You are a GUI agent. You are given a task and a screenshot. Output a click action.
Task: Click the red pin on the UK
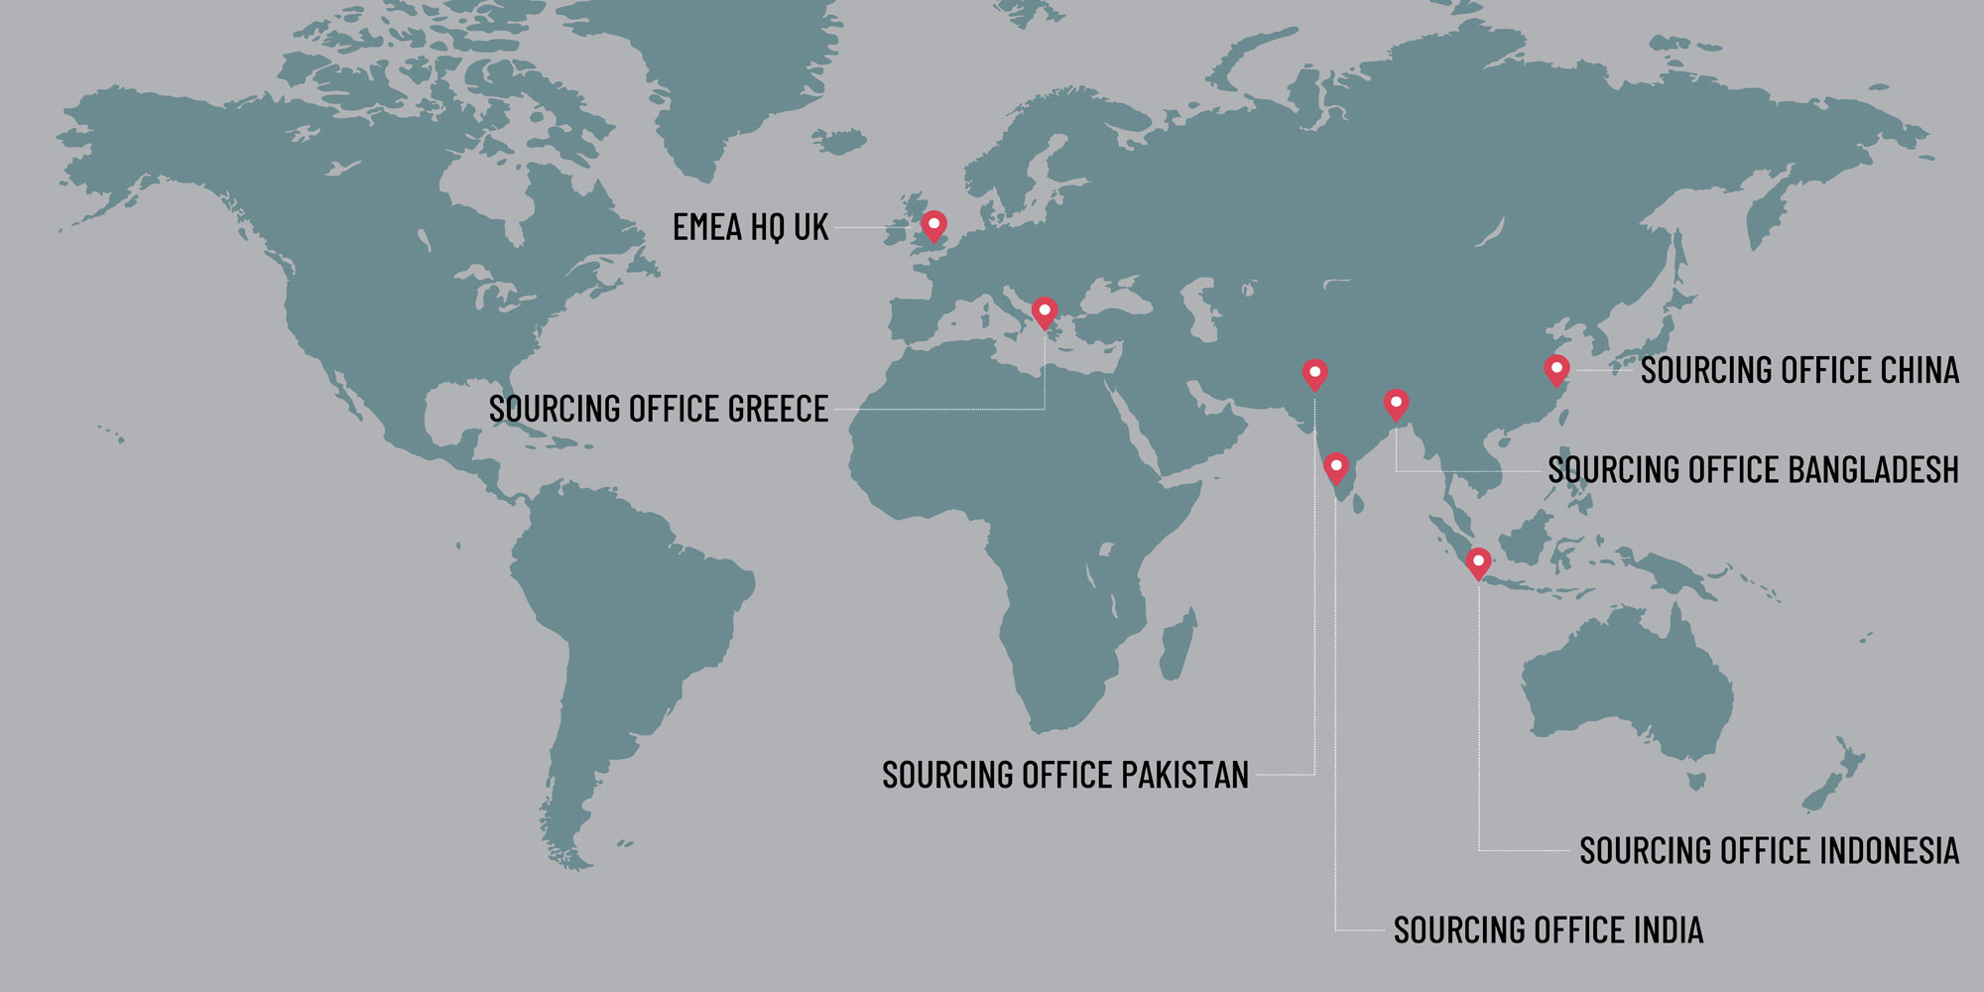933,225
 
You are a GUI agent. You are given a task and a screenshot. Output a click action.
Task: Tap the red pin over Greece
1045,312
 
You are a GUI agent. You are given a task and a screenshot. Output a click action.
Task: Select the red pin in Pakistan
1314,374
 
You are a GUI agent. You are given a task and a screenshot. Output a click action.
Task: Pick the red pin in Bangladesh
1396,404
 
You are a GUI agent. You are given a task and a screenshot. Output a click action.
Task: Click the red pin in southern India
1336,467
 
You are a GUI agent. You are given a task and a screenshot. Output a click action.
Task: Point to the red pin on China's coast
1556,370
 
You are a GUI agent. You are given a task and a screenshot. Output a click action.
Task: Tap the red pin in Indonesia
1478,562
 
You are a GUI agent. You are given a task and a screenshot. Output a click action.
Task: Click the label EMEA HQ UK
750,227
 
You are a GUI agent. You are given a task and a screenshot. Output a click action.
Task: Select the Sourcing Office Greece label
658,409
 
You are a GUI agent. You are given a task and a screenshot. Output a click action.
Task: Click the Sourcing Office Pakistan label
1064,775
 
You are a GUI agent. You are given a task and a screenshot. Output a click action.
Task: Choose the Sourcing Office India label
1548,930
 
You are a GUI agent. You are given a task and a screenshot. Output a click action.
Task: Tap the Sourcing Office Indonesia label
1769,851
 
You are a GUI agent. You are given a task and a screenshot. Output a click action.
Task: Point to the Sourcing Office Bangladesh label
1753,469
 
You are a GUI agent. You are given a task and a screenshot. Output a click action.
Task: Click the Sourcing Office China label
1799,370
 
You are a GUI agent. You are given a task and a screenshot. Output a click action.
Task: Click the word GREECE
778,409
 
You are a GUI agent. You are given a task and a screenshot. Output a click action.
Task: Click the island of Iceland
839,141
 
